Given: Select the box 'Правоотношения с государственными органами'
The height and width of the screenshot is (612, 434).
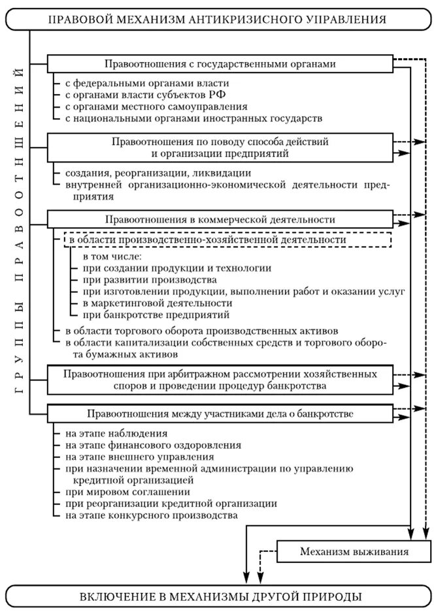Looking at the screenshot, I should pos(220,63).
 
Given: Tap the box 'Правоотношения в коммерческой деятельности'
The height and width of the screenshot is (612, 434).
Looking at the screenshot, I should pos(220,219).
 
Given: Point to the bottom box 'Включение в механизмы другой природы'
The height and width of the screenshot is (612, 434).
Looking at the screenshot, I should pos(217,596).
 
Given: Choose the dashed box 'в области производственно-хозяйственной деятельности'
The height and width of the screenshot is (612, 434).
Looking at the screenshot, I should pos(226,239).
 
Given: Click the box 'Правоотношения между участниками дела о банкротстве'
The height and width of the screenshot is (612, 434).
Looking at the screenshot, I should pos(220,414).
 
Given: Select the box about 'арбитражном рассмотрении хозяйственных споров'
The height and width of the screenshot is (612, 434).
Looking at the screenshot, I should pos(220,380).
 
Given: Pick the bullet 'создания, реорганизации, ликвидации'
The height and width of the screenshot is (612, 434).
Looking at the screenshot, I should pos(149,174).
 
